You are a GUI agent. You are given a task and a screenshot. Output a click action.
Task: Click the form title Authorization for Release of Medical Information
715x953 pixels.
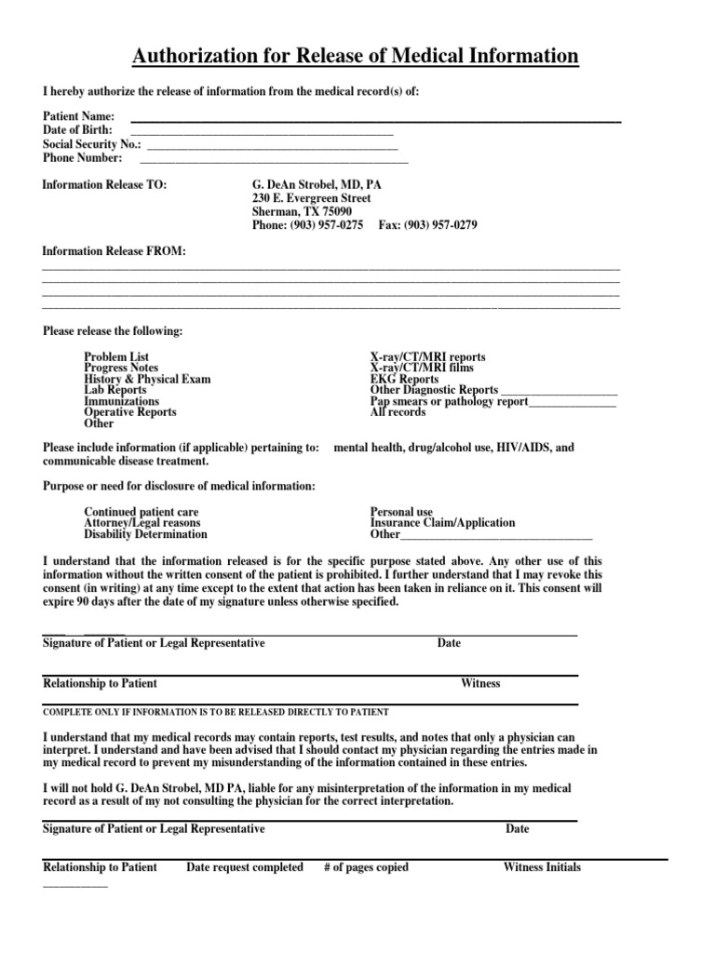(x=356, y=58)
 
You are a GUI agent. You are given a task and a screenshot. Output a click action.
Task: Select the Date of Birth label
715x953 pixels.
(x=78, y=130)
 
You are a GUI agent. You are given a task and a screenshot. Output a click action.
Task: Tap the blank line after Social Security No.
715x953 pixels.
(x=273, y=147)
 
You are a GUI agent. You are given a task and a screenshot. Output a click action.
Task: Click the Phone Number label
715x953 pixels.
(x=83, y=158)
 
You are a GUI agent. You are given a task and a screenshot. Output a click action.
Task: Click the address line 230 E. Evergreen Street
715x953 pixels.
(x=312, y=199)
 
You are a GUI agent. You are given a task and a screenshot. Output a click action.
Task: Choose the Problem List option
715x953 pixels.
(x=116, y=357)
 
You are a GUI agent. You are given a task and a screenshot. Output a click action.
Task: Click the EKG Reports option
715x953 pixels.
(x=405, y=380)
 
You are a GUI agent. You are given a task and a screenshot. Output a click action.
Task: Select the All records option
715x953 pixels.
(x=398, y=412)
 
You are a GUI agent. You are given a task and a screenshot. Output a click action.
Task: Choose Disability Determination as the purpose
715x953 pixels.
(x=146, y=535)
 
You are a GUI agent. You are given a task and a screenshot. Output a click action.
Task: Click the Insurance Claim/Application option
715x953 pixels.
(x=442, y=524)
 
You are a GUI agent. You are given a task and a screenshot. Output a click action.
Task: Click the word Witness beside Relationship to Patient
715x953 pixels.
(x=480, y=684)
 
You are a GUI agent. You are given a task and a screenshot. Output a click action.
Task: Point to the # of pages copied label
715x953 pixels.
(x=366, y=867)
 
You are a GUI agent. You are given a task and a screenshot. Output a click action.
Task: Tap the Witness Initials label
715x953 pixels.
(x=542, y=867)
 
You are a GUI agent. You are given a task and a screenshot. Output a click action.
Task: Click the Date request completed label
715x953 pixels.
(x=245, y=867)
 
